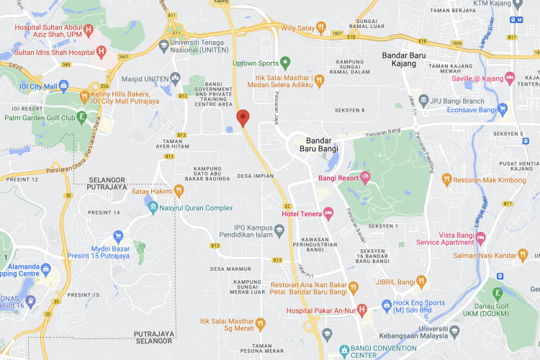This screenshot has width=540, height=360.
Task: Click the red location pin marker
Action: pos(243,117)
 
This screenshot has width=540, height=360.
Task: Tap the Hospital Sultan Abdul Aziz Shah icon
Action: pos(89,30)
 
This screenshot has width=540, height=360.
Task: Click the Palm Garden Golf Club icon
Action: pos(85,117)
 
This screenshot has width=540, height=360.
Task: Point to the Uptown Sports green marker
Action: pos(285,63)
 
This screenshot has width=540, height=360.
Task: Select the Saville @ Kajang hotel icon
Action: pos(510,78)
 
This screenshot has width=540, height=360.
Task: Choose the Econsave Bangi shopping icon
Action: pos(503,109)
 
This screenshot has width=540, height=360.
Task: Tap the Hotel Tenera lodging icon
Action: pos(328,212)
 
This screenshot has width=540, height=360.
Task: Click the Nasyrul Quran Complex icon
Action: pos(153,208)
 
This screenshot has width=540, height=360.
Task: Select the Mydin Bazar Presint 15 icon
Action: pos(118,235)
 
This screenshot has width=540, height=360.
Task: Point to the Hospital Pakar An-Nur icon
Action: pos(362,309)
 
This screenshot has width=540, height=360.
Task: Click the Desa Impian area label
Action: pos(253,175)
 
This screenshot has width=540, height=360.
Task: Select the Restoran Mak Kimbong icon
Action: pos(446,179)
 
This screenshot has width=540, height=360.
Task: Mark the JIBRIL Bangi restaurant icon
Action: pos(422,282)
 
